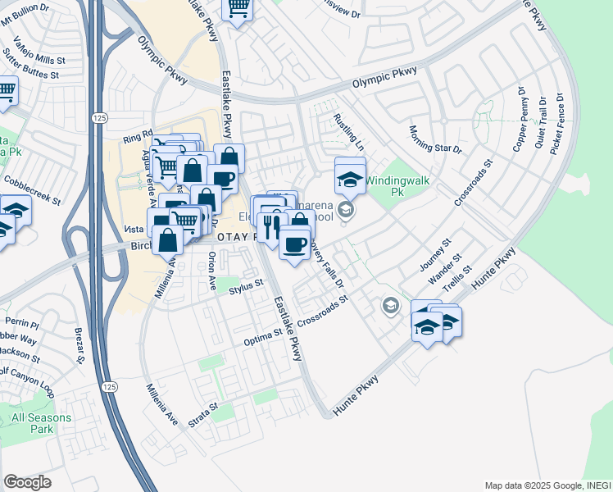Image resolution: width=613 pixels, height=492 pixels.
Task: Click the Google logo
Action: click(27, 482)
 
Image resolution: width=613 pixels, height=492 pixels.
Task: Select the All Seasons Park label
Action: click(42, 423)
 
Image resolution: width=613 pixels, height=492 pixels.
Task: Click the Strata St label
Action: click(203, 414)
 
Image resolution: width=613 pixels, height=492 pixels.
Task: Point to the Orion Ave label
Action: click(211, 272)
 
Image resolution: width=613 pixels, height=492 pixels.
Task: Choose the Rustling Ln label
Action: click(348, 130)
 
